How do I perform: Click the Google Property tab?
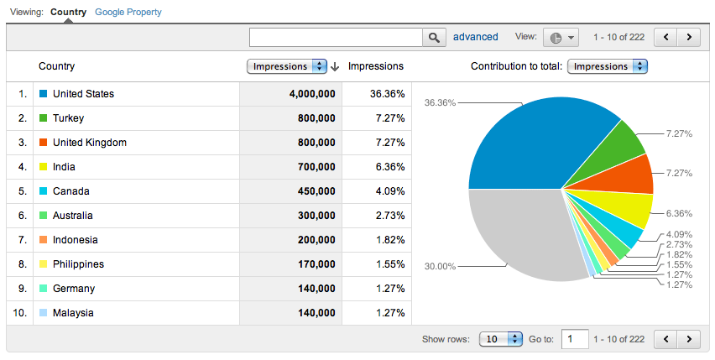[128, 13]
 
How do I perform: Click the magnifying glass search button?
[434, 38]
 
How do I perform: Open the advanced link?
[475, 37]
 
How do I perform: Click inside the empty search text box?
[336, 38]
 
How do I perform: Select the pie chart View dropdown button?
[561, 38]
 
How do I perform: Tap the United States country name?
[83, 94]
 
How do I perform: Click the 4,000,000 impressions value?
[312, 94]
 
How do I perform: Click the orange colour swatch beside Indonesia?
[43, 240]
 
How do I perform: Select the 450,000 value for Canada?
[316, 191]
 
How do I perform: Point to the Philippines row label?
[78, 264]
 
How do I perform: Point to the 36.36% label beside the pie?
[440, 103]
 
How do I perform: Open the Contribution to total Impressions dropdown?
[608, 66]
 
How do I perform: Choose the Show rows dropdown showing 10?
[501, 339]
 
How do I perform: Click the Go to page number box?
[574, 339]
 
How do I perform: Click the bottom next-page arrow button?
[689, 339]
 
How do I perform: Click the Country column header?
[56, 66]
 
